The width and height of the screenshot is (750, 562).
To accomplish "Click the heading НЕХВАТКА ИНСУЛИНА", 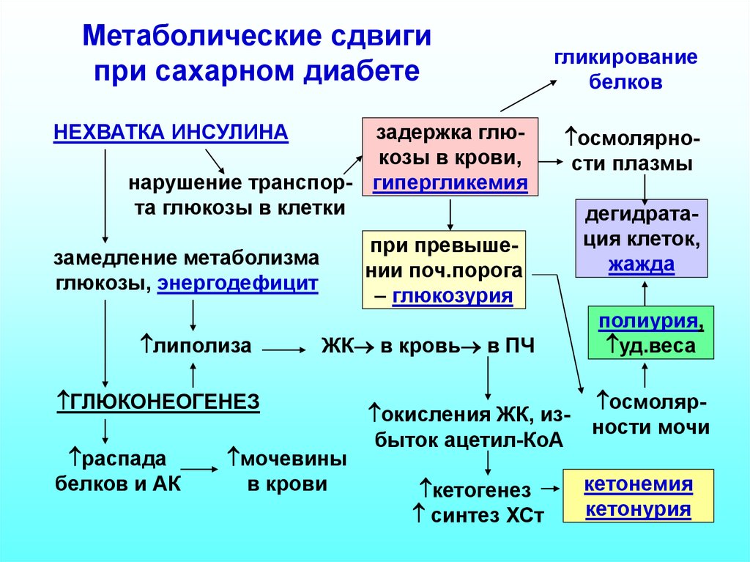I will pos(171,133).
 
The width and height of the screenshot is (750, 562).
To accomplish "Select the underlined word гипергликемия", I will pos(450,183).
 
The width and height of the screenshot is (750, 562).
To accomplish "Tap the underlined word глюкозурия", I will pos(452,296).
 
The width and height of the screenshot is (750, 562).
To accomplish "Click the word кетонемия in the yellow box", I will pos(639,484).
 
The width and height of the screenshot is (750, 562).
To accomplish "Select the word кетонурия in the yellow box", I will pos(639,509).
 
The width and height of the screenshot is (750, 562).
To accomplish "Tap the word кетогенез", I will pos(480,489).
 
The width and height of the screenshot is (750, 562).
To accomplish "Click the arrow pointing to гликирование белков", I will pos(527,95).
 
